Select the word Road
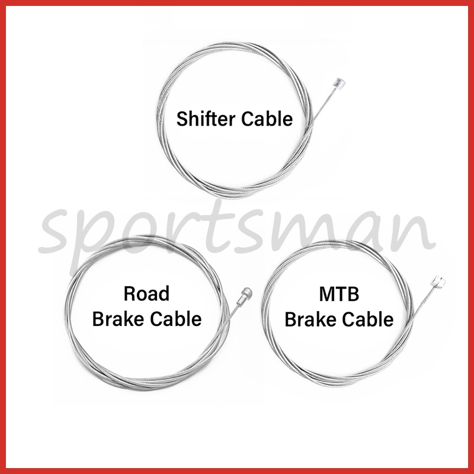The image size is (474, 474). [146, 294]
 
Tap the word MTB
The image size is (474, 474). [339, 294]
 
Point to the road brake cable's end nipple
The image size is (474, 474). [245, 292]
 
